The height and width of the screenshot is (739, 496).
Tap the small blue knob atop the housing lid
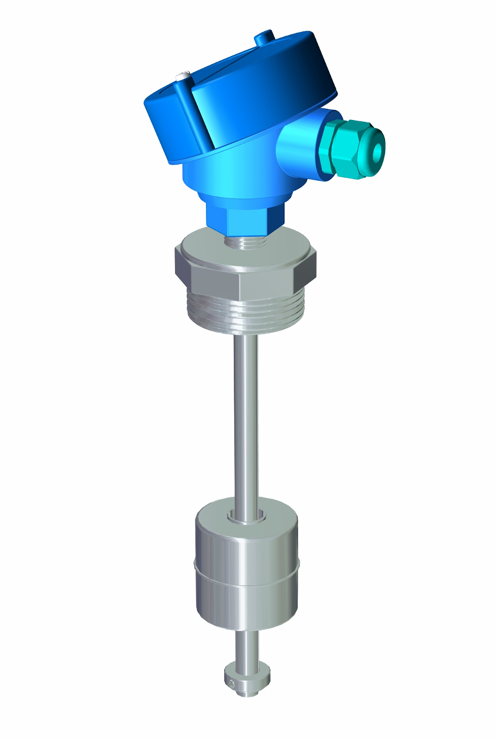point(264,37)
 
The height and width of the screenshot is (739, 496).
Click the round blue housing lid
point(253,86)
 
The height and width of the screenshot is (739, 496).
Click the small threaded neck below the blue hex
point(246,242)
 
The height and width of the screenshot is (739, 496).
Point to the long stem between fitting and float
point(245,415)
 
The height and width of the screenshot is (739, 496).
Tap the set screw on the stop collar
point(231,684)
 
